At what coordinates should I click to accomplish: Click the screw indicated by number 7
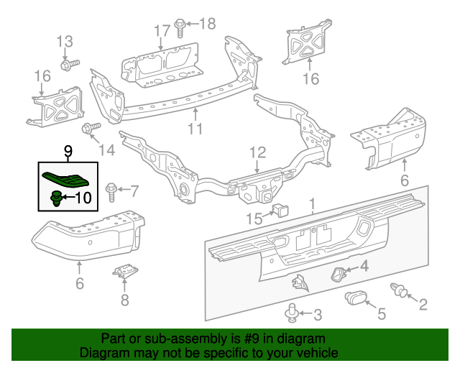pyautogui.click(x=112, y=191)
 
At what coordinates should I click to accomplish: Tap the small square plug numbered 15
pyautogui.click(x=277, y=210)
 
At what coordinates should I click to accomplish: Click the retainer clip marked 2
pyautogui.click(x=397, y=290)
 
